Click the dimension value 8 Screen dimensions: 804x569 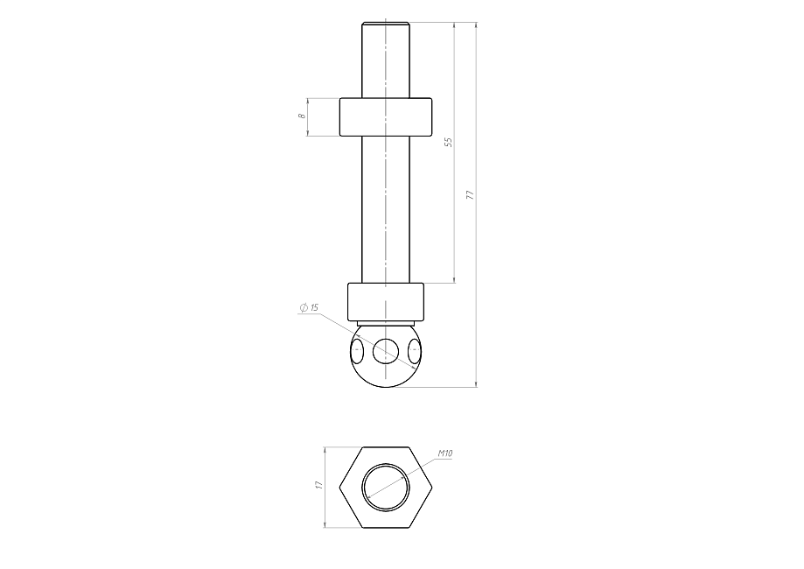tap(302, 116)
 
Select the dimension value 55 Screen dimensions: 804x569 tap(449, 142)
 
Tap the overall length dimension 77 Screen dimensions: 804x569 tap(470, 195)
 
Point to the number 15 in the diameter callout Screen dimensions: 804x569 tap(314, 307)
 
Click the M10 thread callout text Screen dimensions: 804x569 tap(445, 453)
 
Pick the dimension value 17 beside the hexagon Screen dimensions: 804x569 tap(318, 485)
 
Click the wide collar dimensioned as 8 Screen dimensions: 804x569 tap(386, 117)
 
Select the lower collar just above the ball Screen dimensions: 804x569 tap(386, 302)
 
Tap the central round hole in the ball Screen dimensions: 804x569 tap(386, 351)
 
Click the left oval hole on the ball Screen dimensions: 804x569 tap(357, 351)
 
